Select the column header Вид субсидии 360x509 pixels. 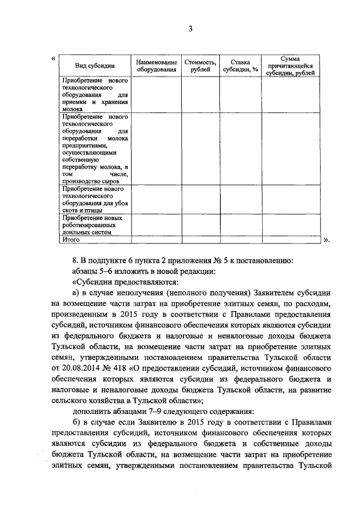pyautogui.click(x=92, y=66)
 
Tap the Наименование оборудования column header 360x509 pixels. pyautogui.click(x=156, y=66)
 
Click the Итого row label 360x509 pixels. pyautogui.click(x=70, y=239)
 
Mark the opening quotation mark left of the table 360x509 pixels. pyautogui.click(x=53, y=58)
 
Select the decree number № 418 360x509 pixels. pyautogui.click(x=119, y=368)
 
